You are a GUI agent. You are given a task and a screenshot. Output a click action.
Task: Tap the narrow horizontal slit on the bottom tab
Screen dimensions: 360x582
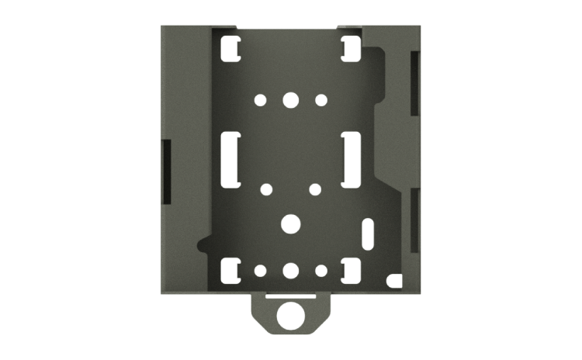click(291, 296)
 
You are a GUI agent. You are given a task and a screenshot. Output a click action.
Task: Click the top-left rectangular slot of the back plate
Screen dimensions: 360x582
click(230, 49)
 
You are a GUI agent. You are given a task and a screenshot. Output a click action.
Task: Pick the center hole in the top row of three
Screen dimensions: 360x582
click(291, 100)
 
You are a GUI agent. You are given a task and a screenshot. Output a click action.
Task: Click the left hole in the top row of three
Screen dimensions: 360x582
click(261, 100)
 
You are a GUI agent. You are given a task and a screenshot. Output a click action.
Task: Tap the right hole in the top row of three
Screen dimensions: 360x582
click(321, 100)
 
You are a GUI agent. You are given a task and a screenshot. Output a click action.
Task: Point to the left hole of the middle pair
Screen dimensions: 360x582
click(267, 189)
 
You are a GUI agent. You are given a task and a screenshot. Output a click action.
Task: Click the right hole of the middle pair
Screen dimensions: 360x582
click(315, 189)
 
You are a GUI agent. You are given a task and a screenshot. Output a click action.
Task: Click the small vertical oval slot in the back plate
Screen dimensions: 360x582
click(369, 232)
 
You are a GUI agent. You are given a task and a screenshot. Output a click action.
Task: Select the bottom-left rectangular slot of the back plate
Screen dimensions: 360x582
click(230, 271)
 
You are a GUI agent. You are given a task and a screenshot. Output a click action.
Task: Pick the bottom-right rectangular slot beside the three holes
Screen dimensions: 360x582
click(349, 271)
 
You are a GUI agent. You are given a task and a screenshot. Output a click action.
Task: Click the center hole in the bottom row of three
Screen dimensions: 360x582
click(291, 272)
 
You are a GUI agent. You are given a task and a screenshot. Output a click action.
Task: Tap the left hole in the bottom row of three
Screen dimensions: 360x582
click(261, 272)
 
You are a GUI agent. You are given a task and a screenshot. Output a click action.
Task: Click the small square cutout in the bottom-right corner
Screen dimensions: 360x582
click(396, 278)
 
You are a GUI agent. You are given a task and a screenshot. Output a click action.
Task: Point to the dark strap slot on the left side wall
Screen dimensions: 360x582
click(165, 171)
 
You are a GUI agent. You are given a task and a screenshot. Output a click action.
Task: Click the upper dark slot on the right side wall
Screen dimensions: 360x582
click(415, 82)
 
